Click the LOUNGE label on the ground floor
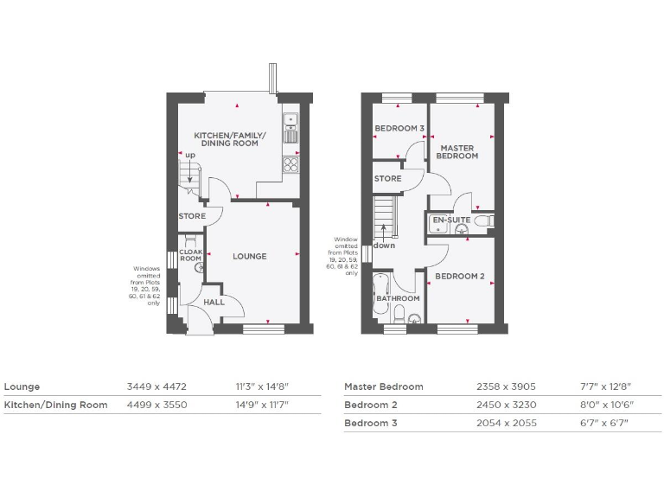click(249, 256)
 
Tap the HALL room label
click(214, 303)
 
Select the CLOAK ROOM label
click(190, 256)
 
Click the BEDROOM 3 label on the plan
click(399, 130)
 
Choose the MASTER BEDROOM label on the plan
click(456, 152)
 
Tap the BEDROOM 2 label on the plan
click(458, 277)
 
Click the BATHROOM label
click(398, 299)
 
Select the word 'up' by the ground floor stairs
click(190, 156)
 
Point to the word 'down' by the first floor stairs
click(384, 246)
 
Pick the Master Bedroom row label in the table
click(384, 386)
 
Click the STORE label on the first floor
click(387, 179)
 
